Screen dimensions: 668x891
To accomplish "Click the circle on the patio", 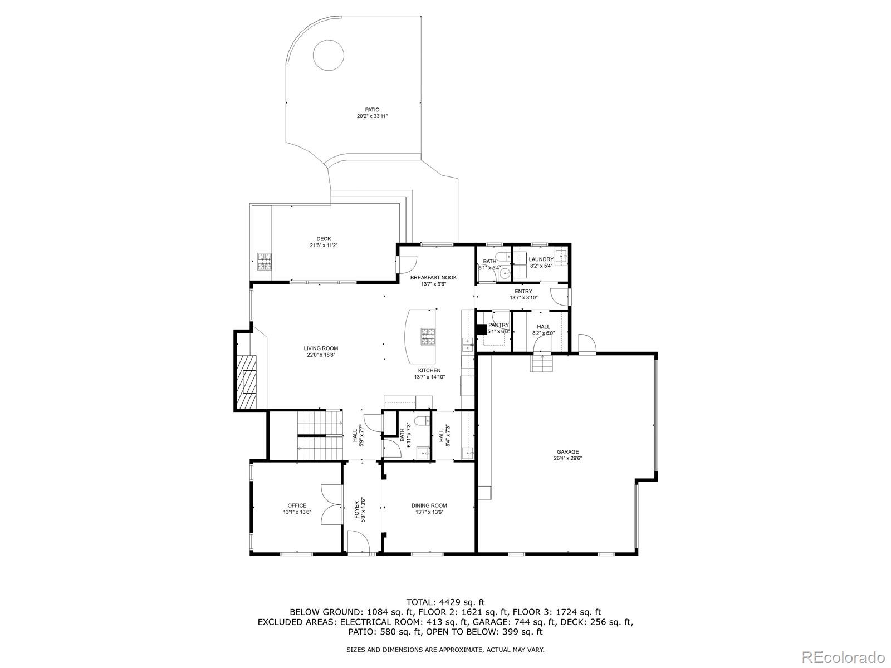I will (328, 55).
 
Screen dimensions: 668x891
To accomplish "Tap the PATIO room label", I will (372, 110).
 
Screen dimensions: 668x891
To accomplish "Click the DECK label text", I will (324, 239).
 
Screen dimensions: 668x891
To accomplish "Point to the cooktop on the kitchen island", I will (428, 336).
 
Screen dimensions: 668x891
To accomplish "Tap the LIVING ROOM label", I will (321, 348).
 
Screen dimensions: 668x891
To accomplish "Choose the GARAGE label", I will (567, 452).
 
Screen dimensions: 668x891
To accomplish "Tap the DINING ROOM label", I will (429, 505).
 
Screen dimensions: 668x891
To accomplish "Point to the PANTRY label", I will (498, 325).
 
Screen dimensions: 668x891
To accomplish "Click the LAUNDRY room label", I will (541, 259).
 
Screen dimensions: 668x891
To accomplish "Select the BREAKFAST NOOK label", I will (433, 277).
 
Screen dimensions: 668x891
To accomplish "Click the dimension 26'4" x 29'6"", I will (567, 459).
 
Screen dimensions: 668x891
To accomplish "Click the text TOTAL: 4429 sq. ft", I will (445, 602).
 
